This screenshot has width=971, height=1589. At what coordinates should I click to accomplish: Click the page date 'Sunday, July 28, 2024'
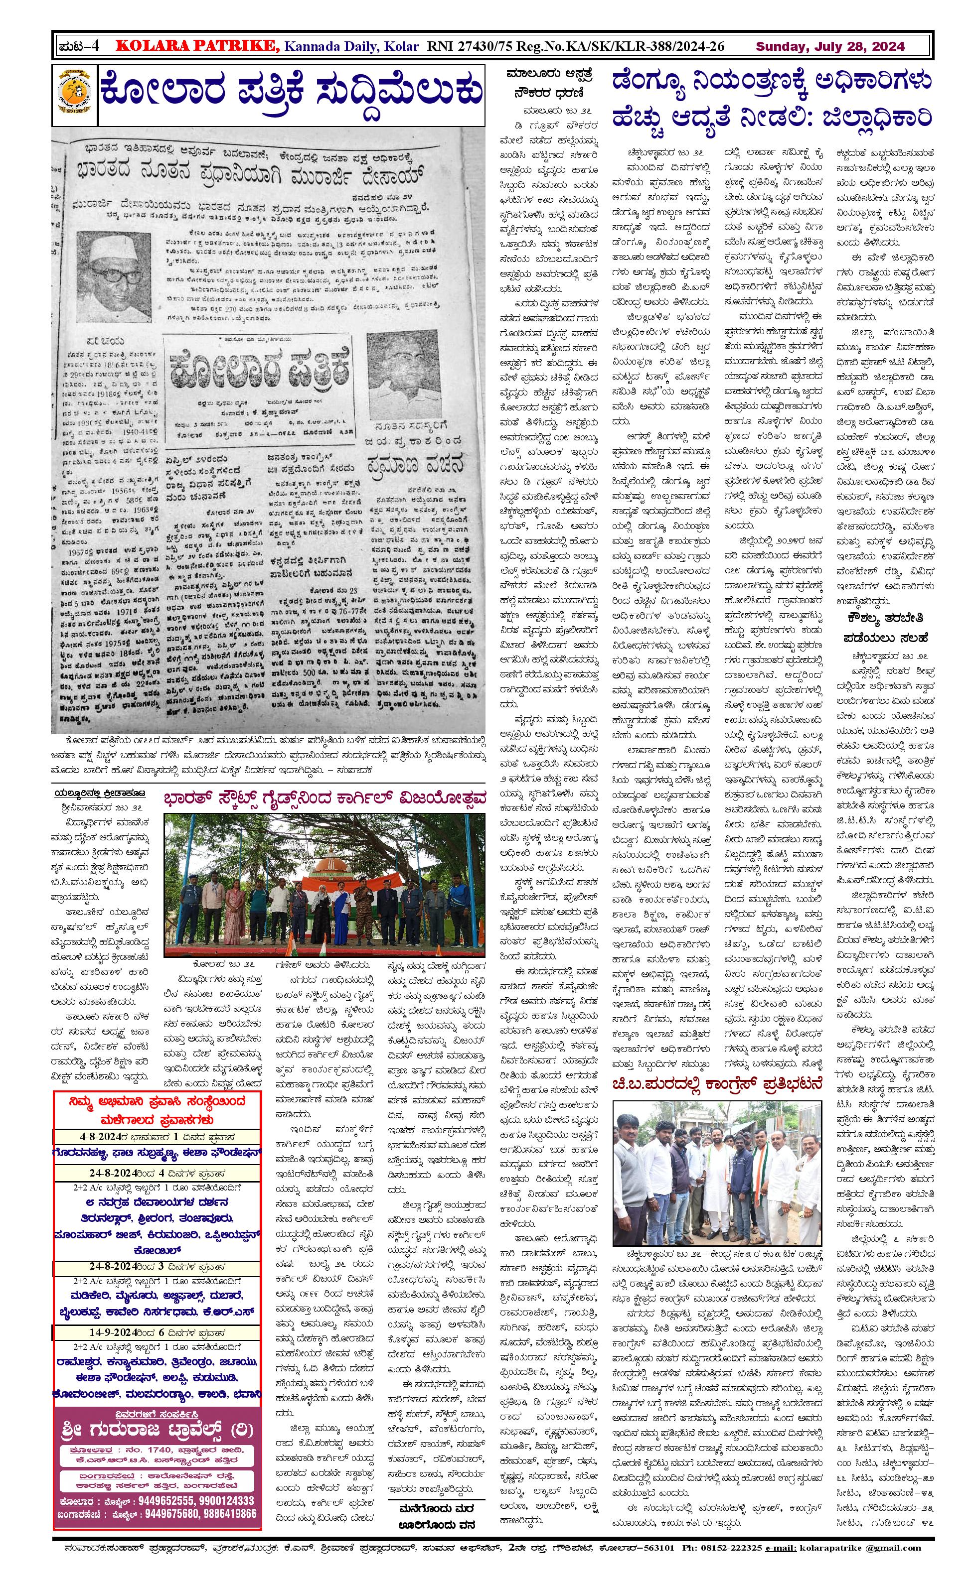pos(830,46)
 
